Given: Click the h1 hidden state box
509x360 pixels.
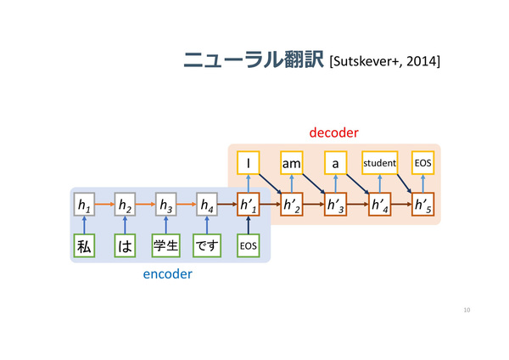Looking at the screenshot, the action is tap(84, 205).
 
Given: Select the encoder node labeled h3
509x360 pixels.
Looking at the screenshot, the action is tap(166, 205).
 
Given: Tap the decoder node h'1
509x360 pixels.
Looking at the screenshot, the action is tap(249, 205).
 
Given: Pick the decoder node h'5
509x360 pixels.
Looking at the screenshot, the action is tap(423, 205).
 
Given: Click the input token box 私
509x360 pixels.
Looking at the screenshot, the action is tap(84, 245).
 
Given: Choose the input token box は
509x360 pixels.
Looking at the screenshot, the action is tap(125, 245).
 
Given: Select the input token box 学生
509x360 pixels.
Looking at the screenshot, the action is tap(166, 245).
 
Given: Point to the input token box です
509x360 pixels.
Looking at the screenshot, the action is tap(207, 245).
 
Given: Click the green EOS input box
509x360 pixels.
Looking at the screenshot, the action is tap(249, 245).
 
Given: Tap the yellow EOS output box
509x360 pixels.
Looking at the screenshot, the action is tap(423, 163).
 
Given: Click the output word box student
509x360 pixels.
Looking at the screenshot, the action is tap(380, 163).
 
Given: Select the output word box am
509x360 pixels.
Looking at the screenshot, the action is tap(292, 163).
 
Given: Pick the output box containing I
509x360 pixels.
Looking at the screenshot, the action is tap(249, 163).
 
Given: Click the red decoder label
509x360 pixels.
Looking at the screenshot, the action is tap(333, 132).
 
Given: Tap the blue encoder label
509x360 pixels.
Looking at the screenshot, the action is tap(167, 274).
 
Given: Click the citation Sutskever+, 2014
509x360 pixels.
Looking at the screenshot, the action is tap(384, 61).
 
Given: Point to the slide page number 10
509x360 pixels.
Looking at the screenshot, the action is tap(467, 310).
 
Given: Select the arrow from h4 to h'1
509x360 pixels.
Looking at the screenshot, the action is tap(227, 205).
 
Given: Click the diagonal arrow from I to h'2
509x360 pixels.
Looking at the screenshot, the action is tap(271, 184).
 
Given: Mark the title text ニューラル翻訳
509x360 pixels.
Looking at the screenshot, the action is tap(254, 59).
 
